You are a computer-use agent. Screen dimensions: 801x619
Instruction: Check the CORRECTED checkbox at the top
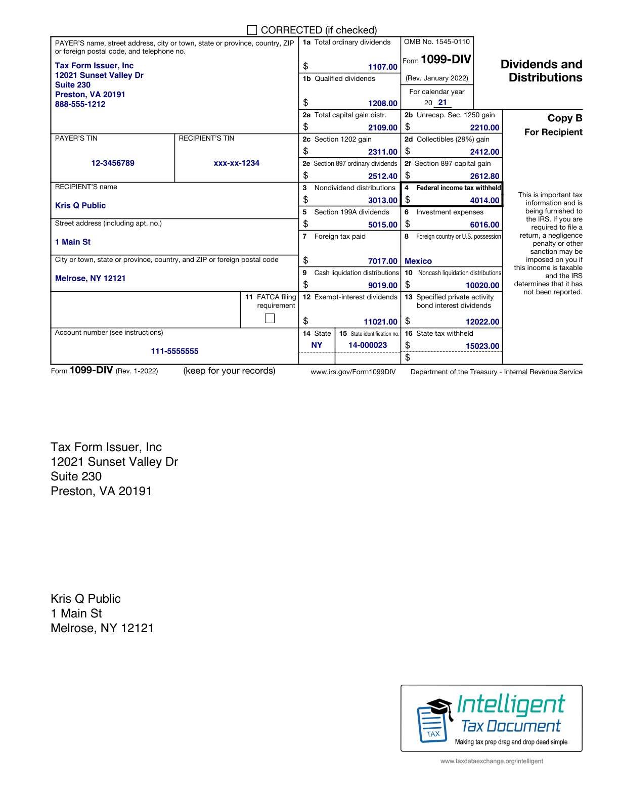pyautogui.click(x=252, y=30)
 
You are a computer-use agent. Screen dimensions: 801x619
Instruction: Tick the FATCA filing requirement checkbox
pyautogui.click(x=270, y=318)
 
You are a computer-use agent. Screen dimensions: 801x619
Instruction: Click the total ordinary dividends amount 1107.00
pyautogui.click(x=382, y=67)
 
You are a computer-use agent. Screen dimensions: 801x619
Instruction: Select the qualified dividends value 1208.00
pyautogui.click(x=382, y=103)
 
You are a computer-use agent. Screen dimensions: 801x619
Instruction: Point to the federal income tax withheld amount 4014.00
pyautogui.click(x=484, y=200)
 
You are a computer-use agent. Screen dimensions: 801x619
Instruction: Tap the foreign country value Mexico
pyautogui.click(x=418, y=261)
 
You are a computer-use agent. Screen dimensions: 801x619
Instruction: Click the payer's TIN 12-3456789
pyautogui.click(x=113, y=163)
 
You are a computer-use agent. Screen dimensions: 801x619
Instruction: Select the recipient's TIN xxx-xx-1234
pyautogui.click(x=236, y=163)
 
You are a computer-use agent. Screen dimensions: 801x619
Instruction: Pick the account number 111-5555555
pyautogui.click(x=174, y=351)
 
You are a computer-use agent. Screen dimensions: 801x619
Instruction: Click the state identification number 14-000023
pyautogui.click(x=368, y=345)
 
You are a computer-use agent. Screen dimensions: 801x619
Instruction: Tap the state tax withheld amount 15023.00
pyautogui.click(x=482, y=346)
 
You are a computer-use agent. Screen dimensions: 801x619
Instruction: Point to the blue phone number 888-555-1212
pyautogui.click(x=80, y=104)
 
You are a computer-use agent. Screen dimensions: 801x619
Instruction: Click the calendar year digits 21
pyautogui.click(x=443, y=102)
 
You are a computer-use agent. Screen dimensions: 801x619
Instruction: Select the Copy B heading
pyautogui.click(x=564, y=118)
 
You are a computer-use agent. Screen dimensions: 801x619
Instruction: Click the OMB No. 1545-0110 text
pyautogui.click(x=437, y=42)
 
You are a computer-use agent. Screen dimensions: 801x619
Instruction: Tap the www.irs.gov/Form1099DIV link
pyautogui.click(x=353, y=372)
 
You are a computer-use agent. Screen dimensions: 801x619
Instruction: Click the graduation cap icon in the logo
pyautogui.click(x=438, y=706)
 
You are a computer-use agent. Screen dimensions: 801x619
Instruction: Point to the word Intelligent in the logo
pyautogui.click(x=511, y=704)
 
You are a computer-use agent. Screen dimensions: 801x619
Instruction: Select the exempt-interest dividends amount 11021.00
pyautogui.click(x=380, y=322)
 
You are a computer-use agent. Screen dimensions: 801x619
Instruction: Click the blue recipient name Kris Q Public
pyautogui.click(x=80, y=205)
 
